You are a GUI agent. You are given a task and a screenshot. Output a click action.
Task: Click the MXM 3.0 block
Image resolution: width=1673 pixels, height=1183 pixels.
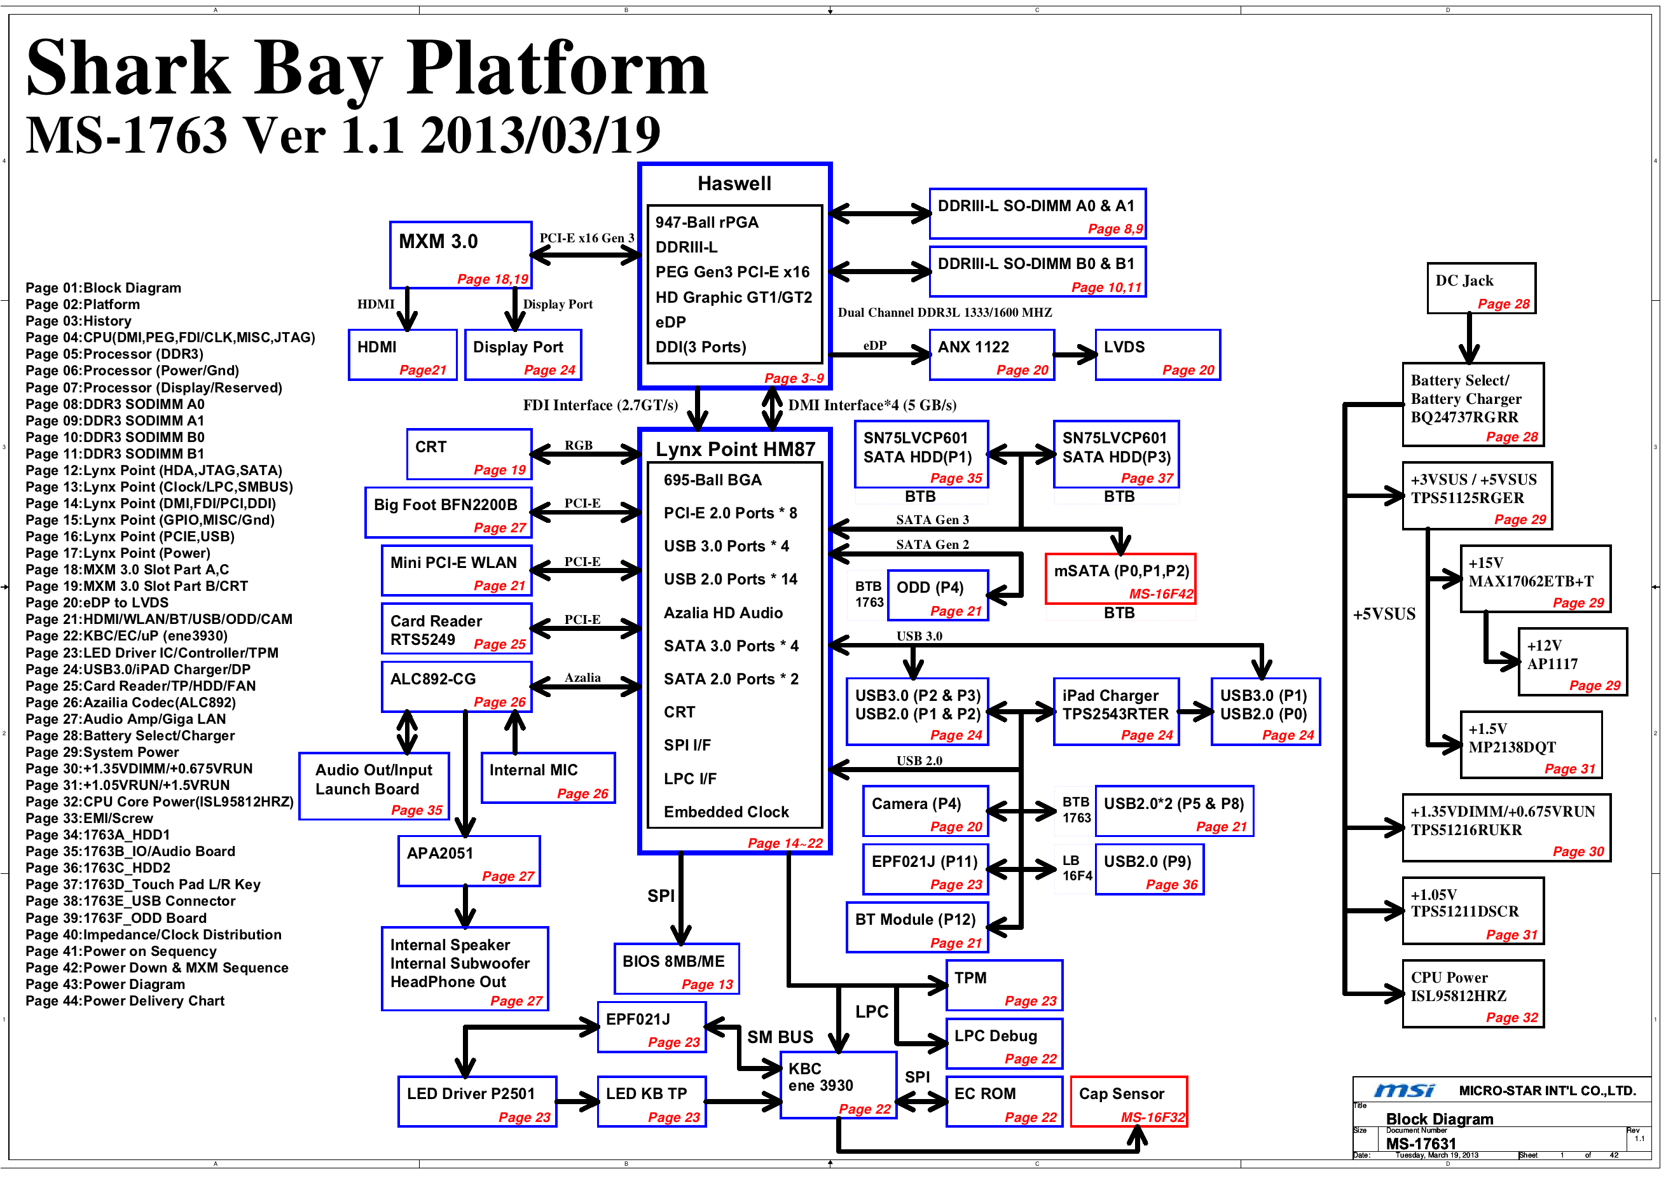[x=460, y=255]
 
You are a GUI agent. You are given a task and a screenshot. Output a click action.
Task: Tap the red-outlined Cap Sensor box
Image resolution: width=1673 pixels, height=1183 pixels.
[x=1129, y=1102]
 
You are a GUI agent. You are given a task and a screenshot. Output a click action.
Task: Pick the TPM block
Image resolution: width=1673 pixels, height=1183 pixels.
[x=1004, y=985]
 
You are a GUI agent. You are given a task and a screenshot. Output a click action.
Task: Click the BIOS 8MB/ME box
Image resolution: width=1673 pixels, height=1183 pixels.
[x=676, y=968]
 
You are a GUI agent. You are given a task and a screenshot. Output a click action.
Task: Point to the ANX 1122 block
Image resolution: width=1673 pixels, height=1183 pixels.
[x=992, y=354]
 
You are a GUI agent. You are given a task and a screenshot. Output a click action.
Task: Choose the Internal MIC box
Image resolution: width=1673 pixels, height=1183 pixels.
[x=548, y=778]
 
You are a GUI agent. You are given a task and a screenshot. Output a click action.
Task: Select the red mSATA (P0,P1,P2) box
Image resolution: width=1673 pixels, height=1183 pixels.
[x=1120, y=579]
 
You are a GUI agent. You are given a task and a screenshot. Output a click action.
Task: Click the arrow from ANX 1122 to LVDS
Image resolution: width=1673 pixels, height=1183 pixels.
[x=1075, y=355]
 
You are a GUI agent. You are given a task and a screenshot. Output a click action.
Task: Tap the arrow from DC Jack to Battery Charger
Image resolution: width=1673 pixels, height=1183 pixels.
[x=1469, y=338]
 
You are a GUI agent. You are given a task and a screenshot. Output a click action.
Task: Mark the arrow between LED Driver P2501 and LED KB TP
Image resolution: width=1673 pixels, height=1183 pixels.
[x=578, y=1102]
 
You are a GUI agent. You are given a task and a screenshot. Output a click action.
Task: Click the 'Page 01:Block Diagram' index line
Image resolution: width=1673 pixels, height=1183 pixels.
[x=104, y=288]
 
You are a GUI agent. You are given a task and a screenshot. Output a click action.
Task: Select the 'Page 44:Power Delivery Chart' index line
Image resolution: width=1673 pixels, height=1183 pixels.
[x=125, y=1000]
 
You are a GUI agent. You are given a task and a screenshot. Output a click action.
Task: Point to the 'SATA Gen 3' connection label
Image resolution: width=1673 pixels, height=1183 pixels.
[x=932, y=520]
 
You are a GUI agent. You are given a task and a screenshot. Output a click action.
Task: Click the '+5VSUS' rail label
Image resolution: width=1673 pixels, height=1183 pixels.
[x=1384, y=614]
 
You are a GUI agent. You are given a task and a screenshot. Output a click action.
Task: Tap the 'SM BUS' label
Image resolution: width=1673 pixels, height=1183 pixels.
[x=780, y=1037]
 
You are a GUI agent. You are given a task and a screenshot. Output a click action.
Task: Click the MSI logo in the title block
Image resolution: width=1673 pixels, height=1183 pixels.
[x=1404, y=1090]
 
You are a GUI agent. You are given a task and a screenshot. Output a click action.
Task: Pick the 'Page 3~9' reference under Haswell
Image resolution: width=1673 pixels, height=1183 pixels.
[x=794, y=378]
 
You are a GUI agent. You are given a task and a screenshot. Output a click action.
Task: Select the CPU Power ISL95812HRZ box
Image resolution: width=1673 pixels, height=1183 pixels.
[x=1473, y=993]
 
